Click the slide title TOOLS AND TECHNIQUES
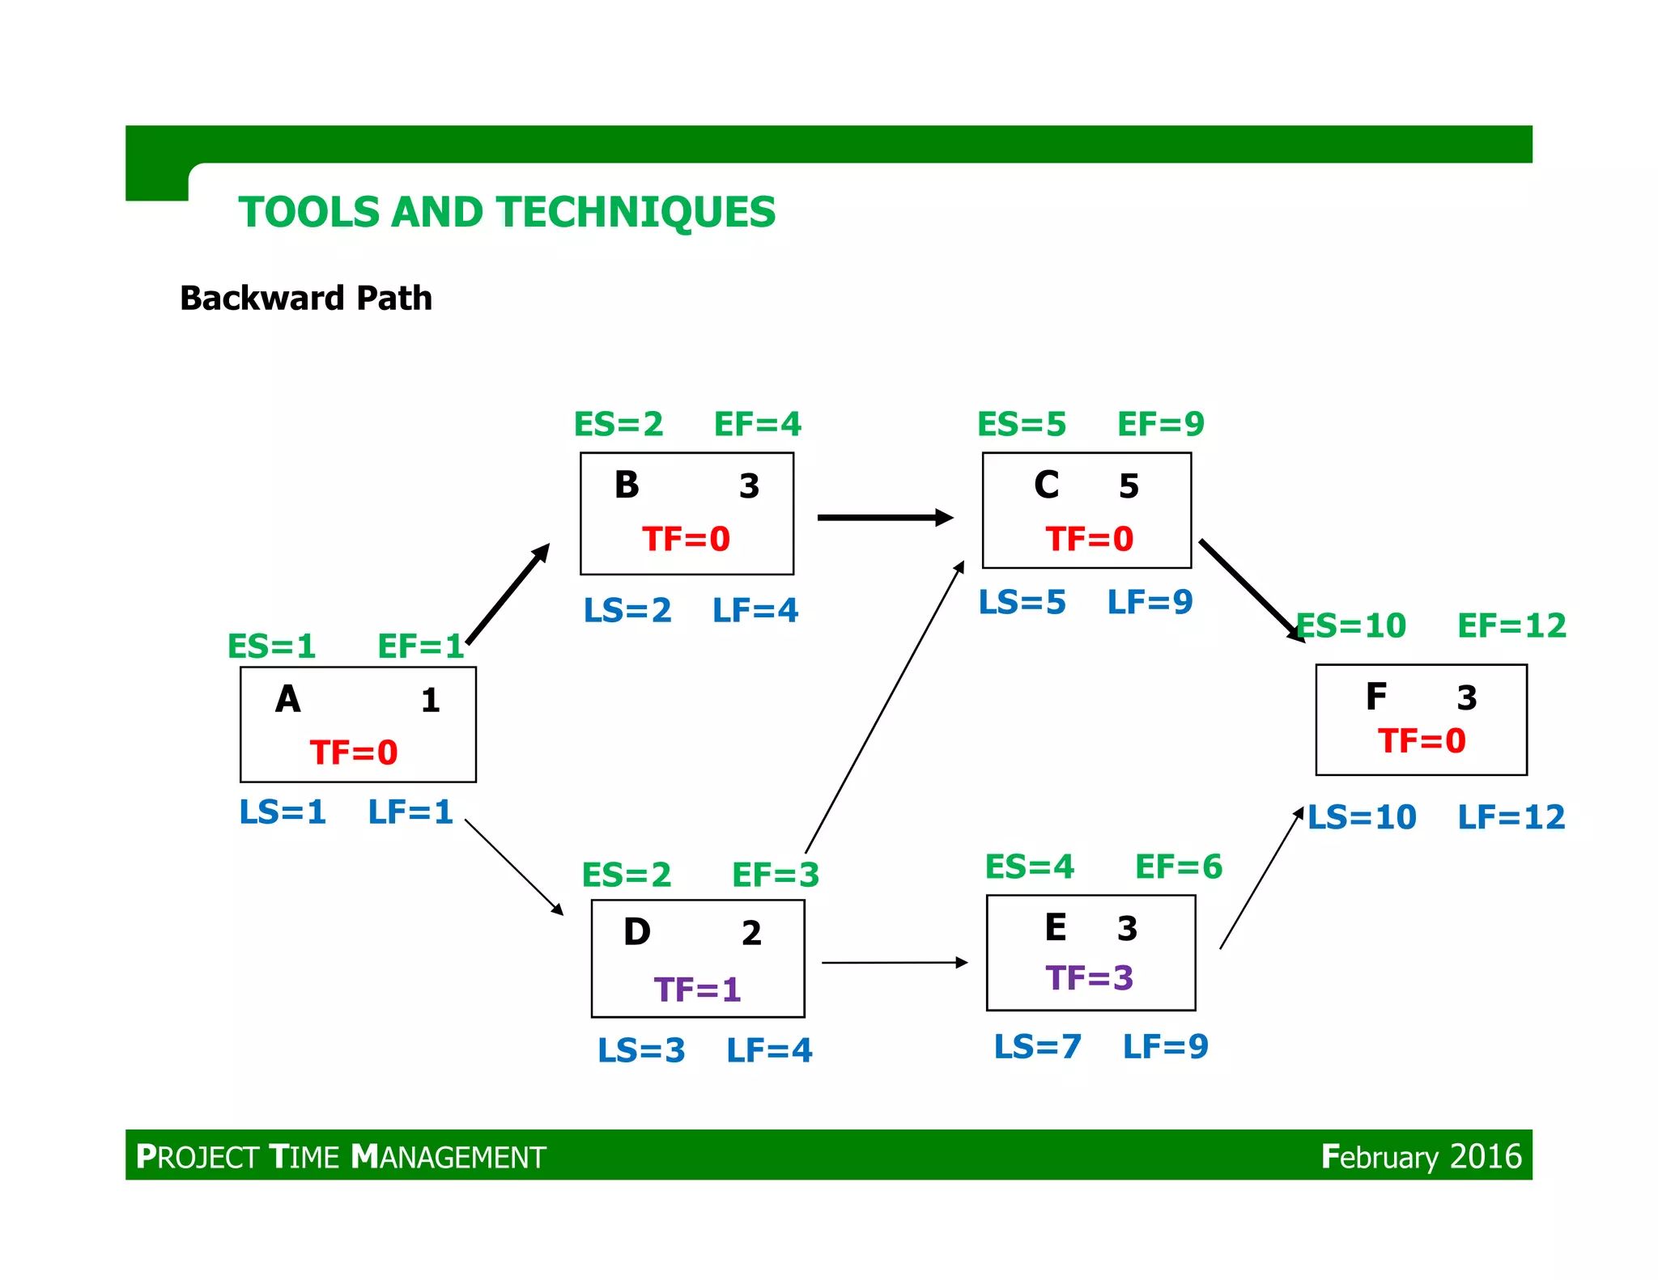[x=507, y=212]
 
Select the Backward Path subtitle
[x=305, y=298]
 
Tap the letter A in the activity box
[x=287, y=699]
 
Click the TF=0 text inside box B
[x=686, y=539]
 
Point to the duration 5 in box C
[x=1129, y=486]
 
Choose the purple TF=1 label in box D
[x=697, y=990]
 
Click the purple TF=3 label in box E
[x=1089, y=978]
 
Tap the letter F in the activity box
[x=1376, y=697]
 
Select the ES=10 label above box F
[x=1352, y=625]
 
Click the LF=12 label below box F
[x=1511, y=817]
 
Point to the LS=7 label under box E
[x=1037, y=1046]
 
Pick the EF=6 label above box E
[x=1178, y=867]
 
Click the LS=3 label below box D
[x=641, y=1050]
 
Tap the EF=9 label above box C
[x=1160, y=424]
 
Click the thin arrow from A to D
[x=513, y=867]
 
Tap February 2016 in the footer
[x=1421, y=1156]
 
